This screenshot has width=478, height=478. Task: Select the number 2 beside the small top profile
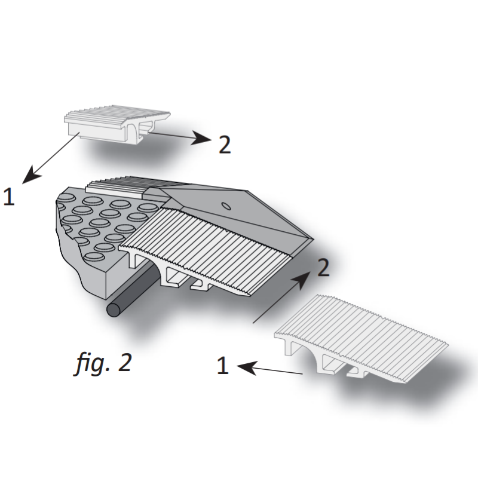225,145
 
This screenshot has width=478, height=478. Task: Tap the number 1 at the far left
8,197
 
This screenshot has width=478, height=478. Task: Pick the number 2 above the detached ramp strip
323,268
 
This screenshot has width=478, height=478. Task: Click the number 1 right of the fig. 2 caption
222,366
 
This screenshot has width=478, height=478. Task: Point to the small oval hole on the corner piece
227,206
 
